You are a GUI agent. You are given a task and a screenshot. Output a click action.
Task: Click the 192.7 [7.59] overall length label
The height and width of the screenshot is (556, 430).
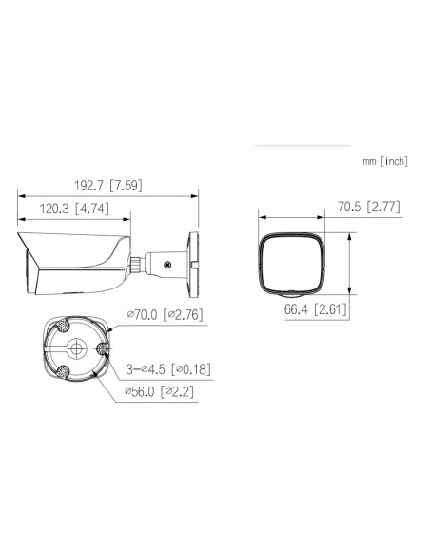point(108,185)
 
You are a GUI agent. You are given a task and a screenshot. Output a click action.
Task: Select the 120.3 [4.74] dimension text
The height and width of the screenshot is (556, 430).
point(74,208)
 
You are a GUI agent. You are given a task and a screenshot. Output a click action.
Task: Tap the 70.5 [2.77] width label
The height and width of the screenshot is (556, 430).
point(369,207)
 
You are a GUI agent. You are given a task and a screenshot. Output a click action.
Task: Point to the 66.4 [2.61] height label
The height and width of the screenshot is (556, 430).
point(316,309)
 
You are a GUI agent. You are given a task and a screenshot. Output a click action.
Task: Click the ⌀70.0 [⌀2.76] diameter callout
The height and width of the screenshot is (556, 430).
point(166,314)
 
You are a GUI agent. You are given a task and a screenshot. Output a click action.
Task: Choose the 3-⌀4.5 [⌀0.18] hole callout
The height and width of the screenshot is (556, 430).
point(168,369)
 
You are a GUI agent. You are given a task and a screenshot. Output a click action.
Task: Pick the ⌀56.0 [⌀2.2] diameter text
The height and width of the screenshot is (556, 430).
point(159,391)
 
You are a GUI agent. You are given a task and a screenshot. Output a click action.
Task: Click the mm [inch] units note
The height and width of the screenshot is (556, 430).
point(385,161)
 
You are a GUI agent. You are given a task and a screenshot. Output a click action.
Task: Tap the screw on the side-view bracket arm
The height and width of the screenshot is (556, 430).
point(167,264)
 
